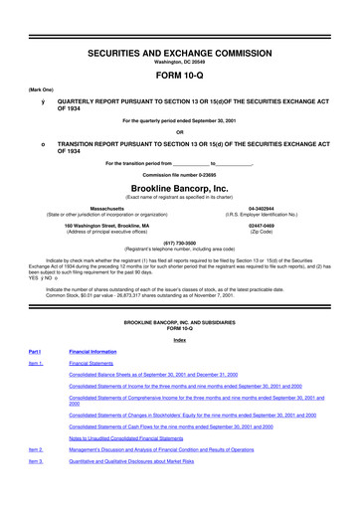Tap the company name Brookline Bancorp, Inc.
[x=180, y=185]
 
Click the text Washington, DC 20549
[x=180, y=36]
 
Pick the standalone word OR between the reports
[x=180, y=132]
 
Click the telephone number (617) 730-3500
[x=180, y=240]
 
